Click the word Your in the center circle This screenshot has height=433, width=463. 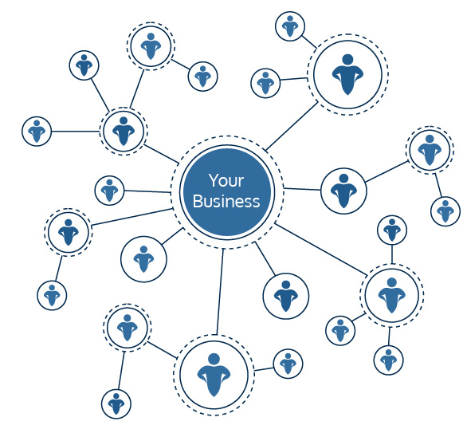click(226, 180)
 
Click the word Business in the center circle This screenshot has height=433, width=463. click(226, 201)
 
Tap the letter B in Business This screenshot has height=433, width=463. click(198, 201)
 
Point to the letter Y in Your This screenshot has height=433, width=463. click(214, 180)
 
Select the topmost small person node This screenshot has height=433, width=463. click(290, 26)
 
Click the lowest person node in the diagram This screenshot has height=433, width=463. click(116, 404)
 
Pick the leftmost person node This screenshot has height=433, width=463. click(37, 132)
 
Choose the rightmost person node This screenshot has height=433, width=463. click(445, 211)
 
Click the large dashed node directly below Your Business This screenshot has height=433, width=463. click(214, 375)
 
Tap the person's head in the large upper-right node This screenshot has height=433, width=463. click(347, 60)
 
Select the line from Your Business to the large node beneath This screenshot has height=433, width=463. click(220, 291)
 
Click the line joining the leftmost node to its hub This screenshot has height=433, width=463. click(75, 132)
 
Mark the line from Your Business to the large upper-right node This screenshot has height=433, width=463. click(292, 126)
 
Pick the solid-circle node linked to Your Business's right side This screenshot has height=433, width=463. click(343, 191)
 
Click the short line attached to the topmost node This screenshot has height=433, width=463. click(309, 41)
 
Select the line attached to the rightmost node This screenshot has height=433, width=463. click(438, 185)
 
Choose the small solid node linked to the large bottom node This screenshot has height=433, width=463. click(288, 364)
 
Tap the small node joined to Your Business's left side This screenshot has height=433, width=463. click(109, 191)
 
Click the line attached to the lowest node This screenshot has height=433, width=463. click(121, 370)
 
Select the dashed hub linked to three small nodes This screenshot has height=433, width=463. click(391, 295)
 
